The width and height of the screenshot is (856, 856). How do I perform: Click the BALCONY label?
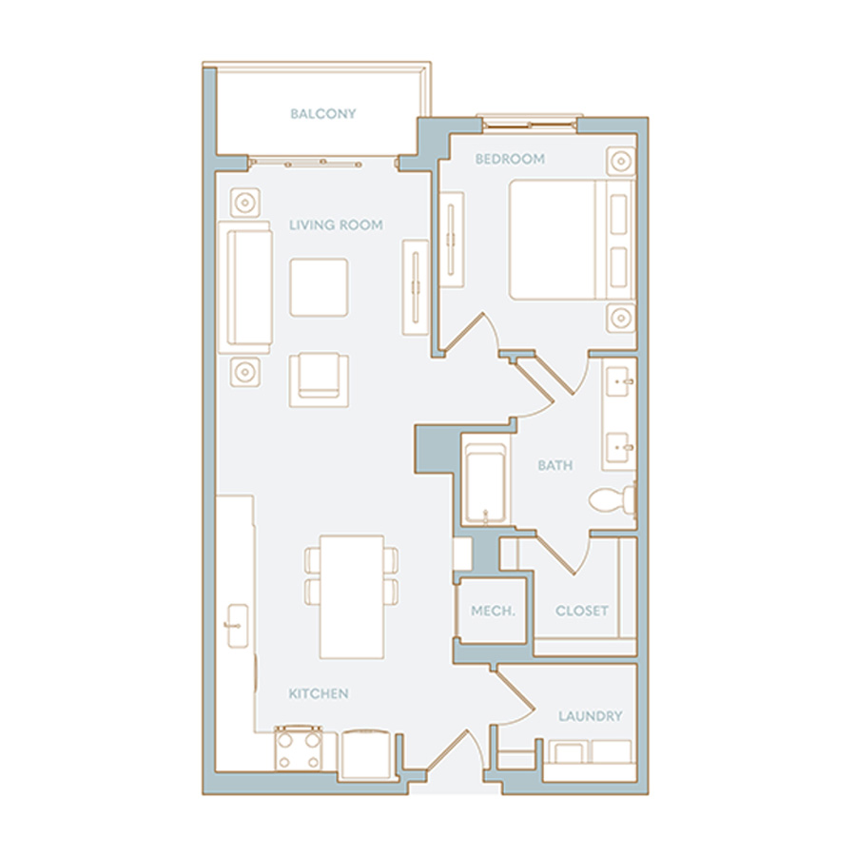coord(322,113)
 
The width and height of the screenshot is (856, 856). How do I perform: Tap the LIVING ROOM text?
coord(336,224)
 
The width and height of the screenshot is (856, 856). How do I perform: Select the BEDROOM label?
coord(510,159)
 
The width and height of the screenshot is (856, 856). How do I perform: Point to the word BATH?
coord(555,465)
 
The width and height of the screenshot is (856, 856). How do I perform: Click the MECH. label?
coord(493,611)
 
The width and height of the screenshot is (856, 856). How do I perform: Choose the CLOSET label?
coord(581,611)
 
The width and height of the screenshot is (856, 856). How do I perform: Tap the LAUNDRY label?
coord(590,715)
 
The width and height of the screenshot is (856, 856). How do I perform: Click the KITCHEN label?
coord(319,693)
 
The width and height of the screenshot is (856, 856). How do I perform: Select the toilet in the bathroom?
coord(613,499)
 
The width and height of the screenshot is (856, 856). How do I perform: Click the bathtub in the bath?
coord(485,484)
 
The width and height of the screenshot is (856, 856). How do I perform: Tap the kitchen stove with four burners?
coord(298,749)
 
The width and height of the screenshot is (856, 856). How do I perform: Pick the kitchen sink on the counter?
coord(238,626)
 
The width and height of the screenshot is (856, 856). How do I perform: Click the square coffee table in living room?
coord(319,287)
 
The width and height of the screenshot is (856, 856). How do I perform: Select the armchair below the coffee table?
coord(319,379)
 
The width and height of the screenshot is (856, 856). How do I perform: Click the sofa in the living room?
coord(245,287)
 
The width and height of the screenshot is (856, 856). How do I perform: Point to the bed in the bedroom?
coord(573,241)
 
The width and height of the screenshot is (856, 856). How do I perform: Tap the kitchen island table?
coord(352,597)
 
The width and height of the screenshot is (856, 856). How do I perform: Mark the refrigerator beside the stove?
coord(367,754)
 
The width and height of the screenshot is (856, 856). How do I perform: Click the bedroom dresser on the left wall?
coord(452,239)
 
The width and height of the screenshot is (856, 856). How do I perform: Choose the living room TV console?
coord(416,286)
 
